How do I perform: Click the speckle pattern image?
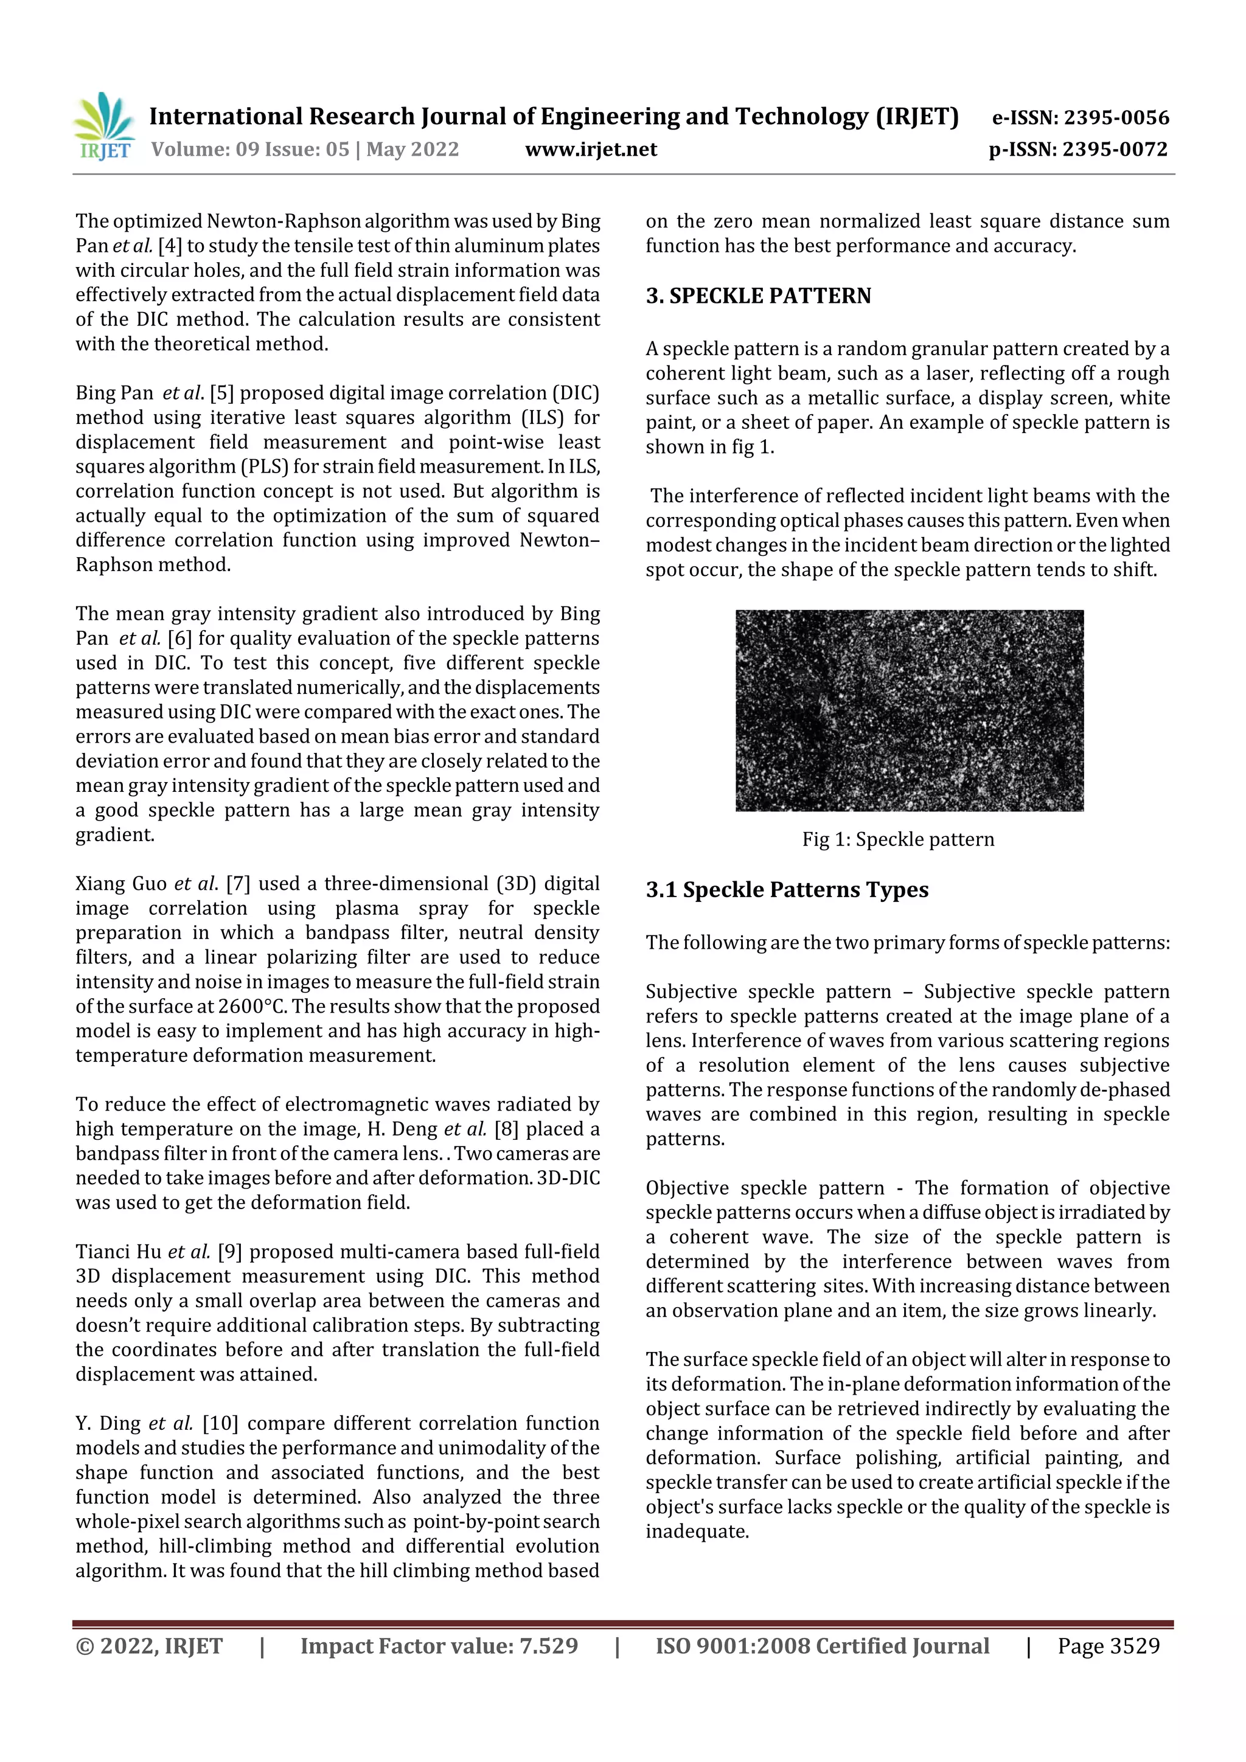[x=909, y=710]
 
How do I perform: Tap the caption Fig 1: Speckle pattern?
[x=897, y=839]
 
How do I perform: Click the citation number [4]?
[x=170, y=246]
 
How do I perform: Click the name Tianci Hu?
[x=118, y=1252]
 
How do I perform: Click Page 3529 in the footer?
[x=1108, y=1645]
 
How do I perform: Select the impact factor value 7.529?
[x=548, y=1645]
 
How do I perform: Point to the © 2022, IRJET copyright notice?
[x=149, y=1645]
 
